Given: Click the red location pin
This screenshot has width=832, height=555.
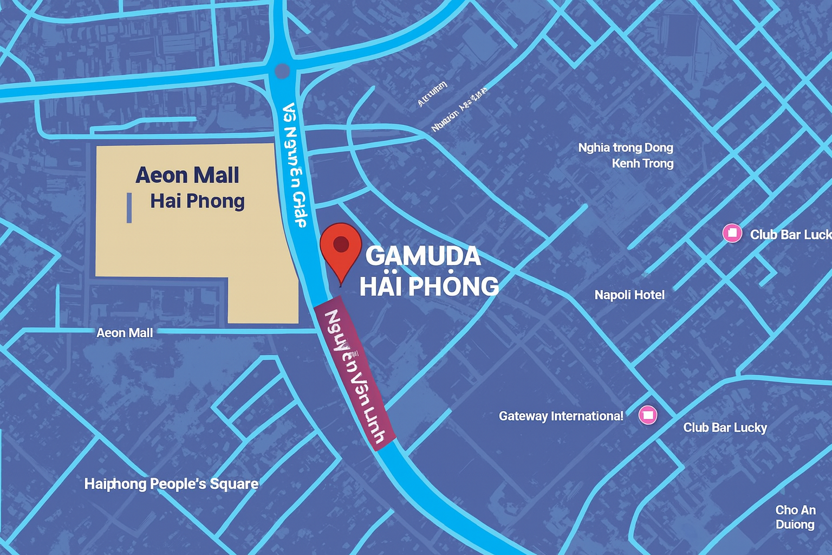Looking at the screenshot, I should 341,247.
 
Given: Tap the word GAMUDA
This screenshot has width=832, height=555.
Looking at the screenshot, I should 423,256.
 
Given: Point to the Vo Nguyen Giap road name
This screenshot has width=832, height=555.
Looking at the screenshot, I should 295,165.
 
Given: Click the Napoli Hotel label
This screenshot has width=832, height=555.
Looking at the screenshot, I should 629,295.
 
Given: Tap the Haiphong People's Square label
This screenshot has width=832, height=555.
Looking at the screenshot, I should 171,483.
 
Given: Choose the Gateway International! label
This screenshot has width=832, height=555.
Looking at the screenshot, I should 561,416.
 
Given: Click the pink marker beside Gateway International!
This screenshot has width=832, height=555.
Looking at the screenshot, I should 648,415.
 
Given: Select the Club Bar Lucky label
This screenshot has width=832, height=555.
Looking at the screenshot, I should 725,428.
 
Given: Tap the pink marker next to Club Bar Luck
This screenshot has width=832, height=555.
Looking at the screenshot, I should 732,234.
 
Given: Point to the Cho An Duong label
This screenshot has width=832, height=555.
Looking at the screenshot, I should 795,517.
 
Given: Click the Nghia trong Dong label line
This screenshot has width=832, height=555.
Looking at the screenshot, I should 626,147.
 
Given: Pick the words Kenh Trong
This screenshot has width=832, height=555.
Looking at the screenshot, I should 642,163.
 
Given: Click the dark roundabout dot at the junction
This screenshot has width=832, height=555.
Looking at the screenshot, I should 282,71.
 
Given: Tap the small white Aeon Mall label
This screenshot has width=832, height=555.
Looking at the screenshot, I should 125,333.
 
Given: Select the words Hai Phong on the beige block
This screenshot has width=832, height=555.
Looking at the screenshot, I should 197,201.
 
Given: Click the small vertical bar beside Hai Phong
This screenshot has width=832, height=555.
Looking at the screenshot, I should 129,208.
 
